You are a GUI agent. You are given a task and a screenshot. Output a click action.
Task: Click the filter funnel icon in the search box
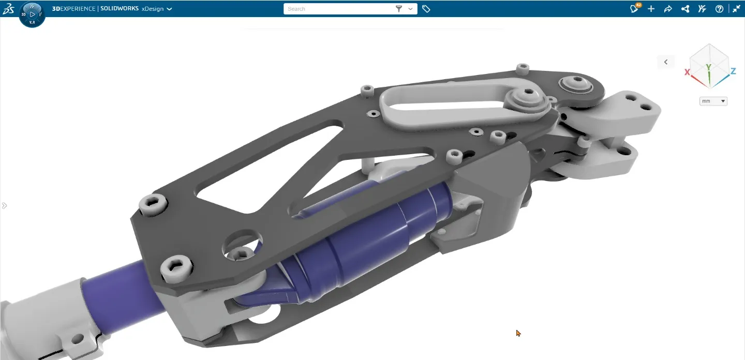pyautogui.click(x=399, y=9)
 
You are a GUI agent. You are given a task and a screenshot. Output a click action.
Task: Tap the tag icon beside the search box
pyautogui.click(x=426, y=9)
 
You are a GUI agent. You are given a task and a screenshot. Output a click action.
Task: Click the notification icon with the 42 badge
pyautogui.click(x=634, y=9)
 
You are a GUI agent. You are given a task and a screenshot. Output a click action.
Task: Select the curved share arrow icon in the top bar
pyautogui.click(x=668, y=9)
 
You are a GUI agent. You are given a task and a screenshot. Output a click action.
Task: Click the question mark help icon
pyautogui.click(x=719, y=9)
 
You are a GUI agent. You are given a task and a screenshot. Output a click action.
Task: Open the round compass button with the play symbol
pyautogui.click(x=32, y=14)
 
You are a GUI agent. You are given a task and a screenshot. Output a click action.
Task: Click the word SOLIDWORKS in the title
pyautogui.click(x=120, y=9)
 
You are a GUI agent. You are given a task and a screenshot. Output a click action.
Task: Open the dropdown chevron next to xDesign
pyautogui.click(x=169, y=9)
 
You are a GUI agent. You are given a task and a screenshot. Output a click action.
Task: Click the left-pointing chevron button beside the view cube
pyautogui.click(x=666, y=62)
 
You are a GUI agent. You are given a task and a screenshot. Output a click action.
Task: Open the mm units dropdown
pyautogui.click(x=713, y=101)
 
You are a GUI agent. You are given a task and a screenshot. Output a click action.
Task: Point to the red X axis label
pyautogui.click(x=687, y=72)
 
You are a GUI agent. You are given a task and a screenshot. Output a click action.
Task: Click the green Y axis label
pyautogui.click(x=709, y=67)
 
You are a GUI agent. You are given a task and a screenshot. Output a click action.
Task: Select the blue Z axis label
pyautogui.click(x=733, y=71)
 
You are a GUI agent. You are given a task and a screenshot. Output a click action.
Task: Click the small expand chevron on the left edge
pyautogui.click(x=4, y=206)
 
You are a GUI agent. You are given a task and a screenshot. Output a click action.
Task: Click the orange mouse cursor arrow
pyautogui.click(x=518, y=333)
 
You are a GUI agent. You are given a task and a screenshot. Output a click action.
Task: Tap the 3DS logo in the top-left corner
pyautogui.click(x=8, y=9)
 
